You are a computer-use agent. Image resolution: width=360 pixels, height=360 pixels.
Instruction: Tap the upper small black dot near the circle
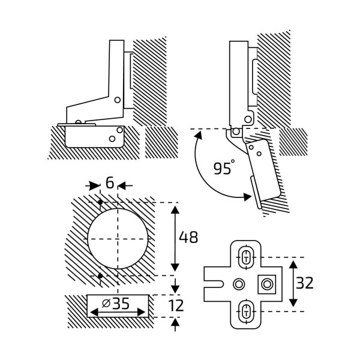pos(100,201)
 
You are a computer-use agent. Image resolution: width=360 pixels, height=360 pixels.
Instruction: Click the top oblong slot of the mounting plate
pos(246,256)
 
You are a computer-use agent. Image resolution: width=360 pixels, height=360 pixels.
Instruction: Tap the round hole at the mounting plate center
pos(239,283)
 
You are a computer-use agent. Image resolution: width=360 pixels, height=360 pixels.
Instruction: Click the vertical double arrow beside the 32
pos(293,283)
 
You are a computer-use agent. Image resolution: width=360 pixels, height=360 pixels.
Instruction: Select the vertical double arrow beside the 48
pos(175,238)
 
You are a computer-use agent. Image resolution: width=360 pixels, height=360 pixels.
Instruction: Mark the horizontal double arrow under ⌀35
pos(118,313)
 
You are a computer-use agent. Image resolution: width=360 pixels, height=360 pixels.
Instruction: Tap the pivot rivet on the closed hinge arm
pos(118,98)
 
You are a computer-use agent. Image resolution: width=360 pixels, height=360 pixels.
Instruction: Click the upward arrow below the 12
pos(175,325)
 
